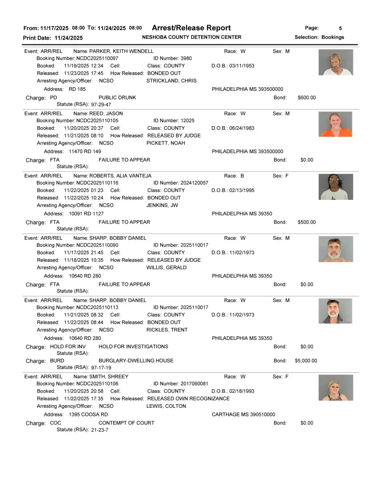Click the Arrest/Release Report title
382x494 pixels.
tap(191, 28)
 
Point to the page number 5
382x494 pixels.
tap(340, 28)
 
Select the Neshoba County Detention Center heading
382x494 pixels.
tap(191, 37)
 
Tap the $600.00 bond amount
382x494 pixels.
tap(306, 97)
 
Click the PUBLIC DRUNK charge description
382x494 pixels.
tap(117, 97)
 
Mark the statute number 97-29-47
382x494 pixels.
tap(101, 104)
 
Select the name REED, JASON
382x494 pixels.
tap(106, 114)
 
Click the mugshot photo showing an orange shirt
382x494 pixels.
tap(335, 124)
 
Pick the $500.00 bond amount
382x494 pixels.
tap(306, 222)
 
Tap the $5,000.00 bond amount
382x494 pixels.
tap(306, 361)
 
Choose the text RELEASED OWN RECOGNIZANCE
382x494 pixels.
tap(188, 399)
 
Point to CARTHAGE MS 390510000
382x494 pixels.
tap(243, 415)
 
